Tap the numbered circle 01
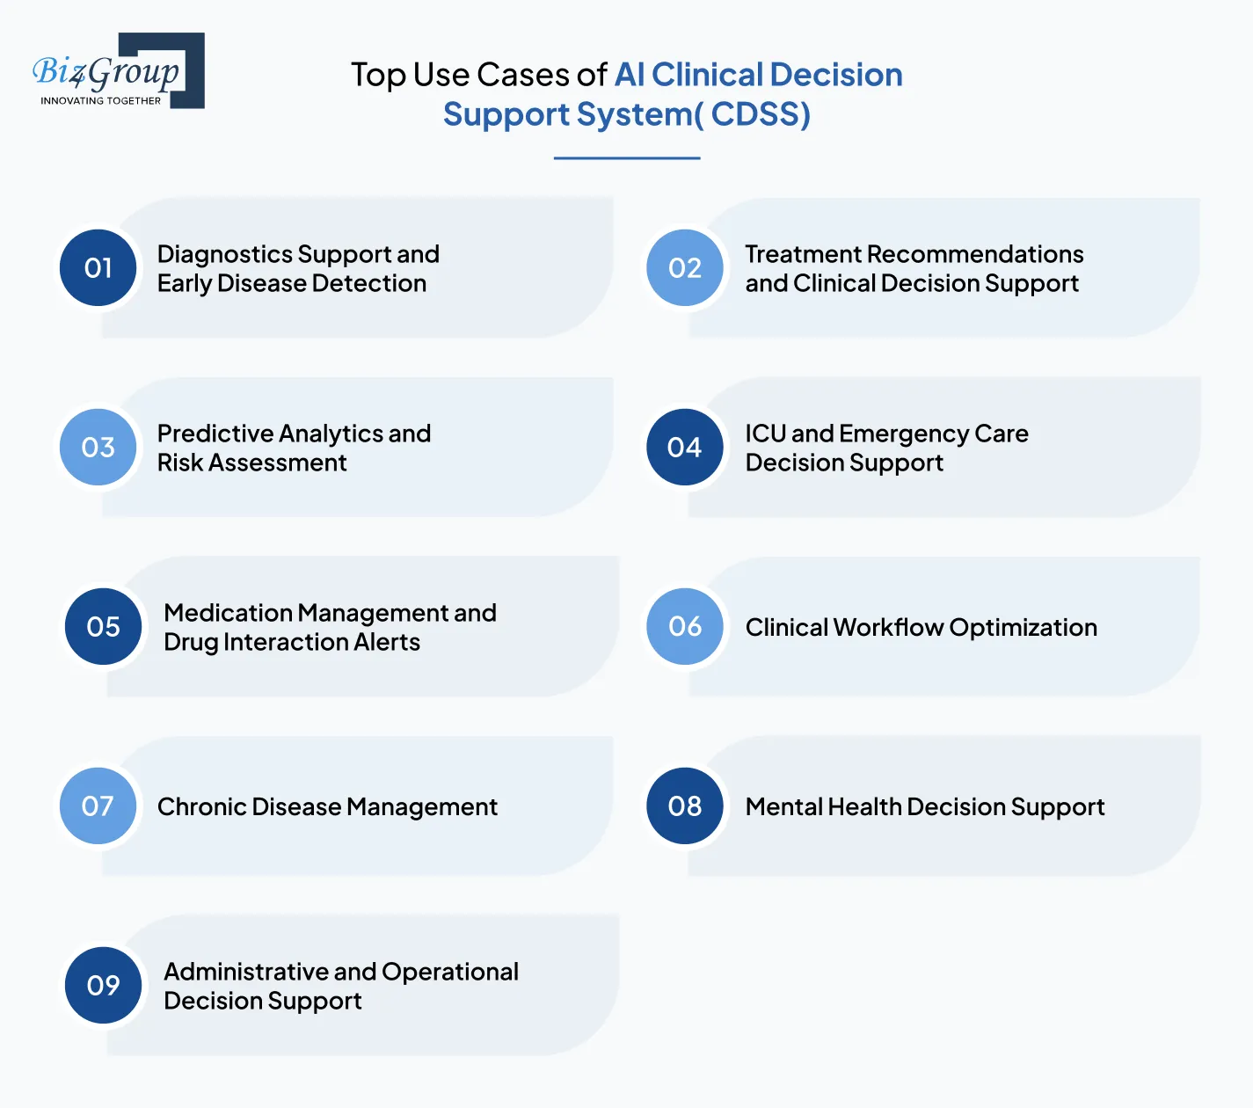(98, 267)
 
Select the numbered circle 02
(685, 267)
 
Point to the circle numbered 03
(98, 447)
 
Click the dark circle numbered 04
(685, 447)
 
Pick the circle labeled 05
(104, 626)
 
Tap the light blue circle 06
(685, 626)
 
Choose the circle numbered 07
(98, 805)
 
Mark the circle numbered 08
(685, 805)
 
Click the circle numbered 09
(104, 985)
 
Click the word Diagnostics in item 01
(224, 254)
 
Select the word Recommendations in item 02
(975, 254)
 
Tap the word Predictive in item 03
(215, 434)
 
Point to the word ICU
(765, 434)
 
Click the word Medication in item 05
(228, 613)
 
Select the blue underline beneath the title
(627, 158)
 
